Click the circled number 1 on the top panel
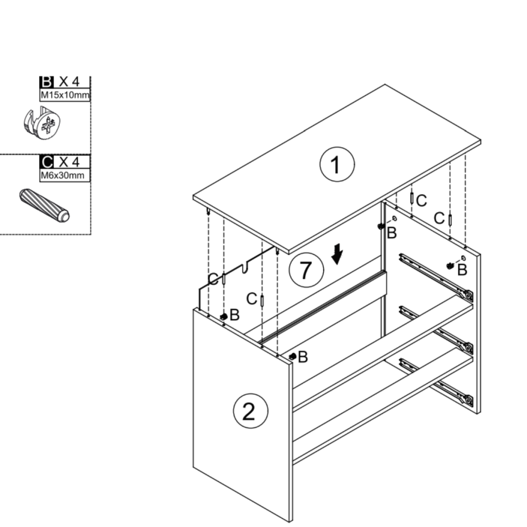click(x=337, y=165)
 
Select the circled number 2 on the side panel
click(x=251, y=411)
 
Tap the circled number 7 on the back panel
click(x=306, y=270)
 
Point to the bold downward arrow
click(x=337, y=254)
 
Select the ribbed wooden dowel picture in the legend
click(x=44, y=205)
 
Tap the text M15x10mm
click(x=65, y=95)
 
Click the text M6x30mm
click(x=63, y=175)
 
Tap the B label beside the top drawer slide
click(x=462, y=269)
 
